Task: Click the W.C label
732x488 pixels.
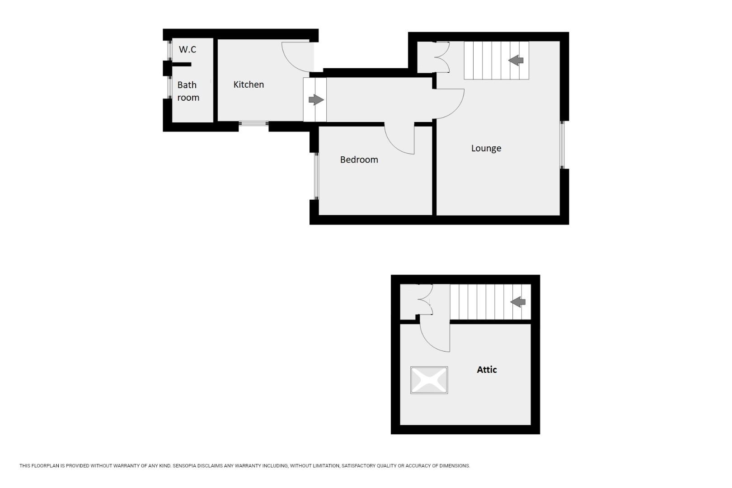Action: point(188,49)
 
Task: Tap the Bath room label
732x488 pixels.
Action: point(188,91)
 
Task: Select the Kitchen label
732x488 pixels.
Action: point(249,84)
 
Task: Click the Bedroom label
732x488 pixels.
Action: point(359,160)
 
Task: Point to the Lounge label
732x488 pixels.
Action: point(486,148)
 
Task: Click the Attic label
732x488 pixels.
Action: point(487,370)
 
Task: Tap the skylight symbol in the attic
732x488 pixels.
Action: point(429,380)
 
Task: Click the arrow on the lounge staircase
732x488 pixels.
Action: point(516,60)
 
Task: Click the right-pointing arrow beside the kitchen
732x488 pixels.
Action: point(316,99)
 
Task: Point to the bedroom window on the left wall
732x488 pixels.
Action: point(316,176)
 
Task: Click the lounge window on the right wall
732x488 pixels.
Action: point(563,145)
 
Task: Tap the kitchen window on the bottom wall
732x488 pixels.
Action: point(253,123)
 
